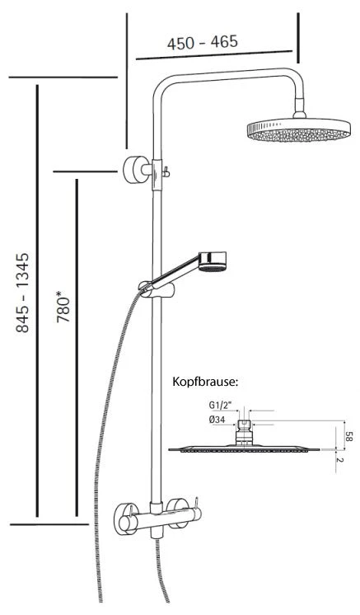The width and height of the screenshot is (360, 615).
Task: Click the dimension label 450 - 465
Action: click(x=202, y=42)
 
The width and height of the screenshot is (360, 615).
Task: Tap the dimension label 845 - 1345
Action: click(x=22, y=293)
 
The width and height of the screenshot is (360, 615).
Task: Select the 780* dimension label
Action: click(x=63, y=307)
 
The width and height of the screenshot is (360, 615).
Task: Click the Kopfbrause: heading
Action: click(x=205, y=382)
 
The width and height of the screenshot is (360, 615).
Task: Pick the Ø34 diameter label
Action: click(x=217, y=420)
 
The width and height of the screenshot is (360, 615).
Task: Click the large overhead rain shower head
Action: click(x=298, y=130)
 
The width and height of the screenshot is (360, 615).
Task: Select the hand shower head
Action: click(x=212, y=261)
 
